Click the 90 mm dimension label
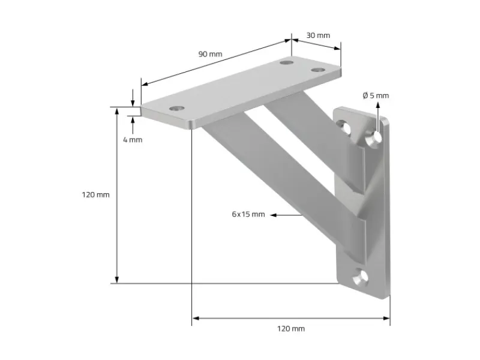pyautogui.click(x=210, y=54)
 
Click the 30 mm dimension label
pyautogui.click(x=318, y=35)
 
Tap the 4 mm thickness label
pyautogui.click(x=132, y=139)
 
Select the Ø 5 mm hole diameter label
pyautogui.click(x=376, y=95)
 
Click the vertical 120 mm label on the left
pyautogui.click(x=96, y=195)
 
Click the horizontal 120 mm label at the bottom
pyautogui.click(x=290, y=328)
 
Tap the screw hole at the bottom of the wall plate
pyautogui.click(x=360, y=277)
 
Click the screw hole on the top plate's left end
pyautogui.click(x=175, y=109)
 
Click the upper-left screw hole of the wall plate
pyautogui.click(x=344, y=126)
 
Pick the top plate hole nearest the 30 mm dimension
pyautogui.click(x=316, y=71)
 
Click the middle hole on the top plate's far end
pyautogui.click(x=287, y=62)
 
